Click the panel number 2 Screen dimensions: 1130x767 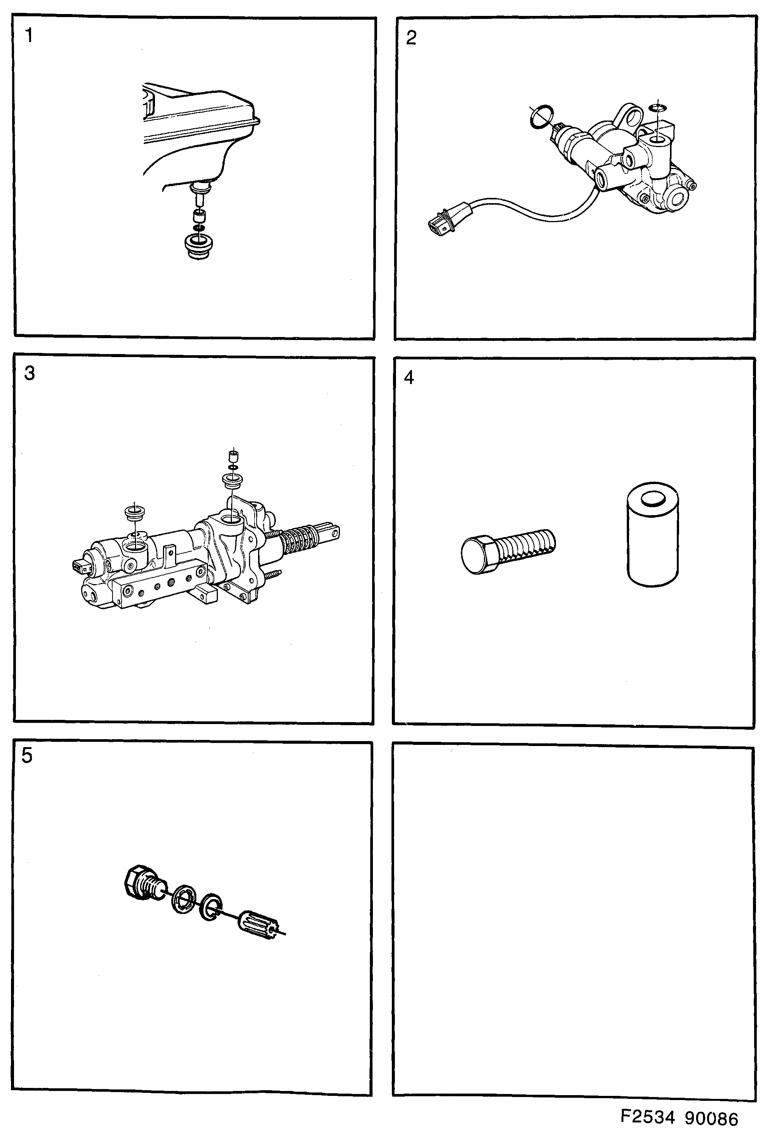(411, 38)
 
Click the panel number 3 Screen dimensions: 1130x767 (30, 373)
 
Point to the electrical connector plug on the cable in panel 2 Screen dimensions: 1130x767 (445, 223)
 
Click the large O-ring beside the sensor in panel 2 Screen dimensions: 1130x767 (541, 117)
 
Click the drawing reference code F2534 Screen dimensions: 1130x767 (647, 1116)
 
